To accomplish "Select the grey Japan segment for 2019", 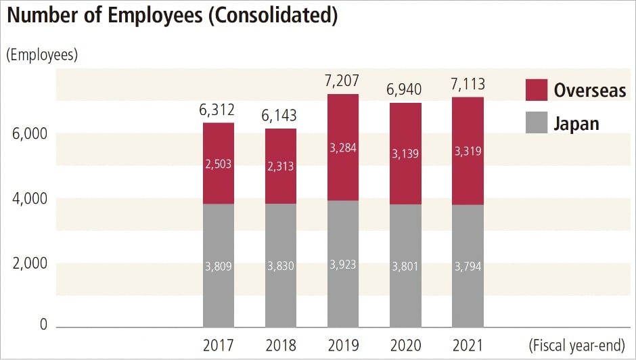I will (343, 291).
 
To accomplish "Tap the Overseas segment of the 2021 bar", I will (468, 176).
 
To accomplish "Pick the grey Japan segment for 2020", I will (405, 291).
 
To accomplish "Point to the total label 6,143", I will (280, 116).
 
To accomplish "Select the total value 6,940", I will (405, 91).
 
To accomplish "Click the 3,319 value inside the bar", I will (468, 152).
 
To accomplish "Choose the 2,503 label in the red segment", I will (219, 164).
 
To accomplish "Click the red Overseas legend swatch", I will (536, 90).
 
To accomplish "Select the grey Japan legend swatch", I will (536, 122).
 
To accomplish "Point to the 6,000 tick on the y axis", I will (30, 134).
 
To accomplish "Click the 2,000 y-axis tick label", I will (30, 264).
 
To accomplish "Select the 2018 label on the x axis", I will (280, 345).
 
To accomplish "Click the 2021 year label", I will (468, 345).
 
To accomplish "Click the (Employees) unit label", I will (42, 55).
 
